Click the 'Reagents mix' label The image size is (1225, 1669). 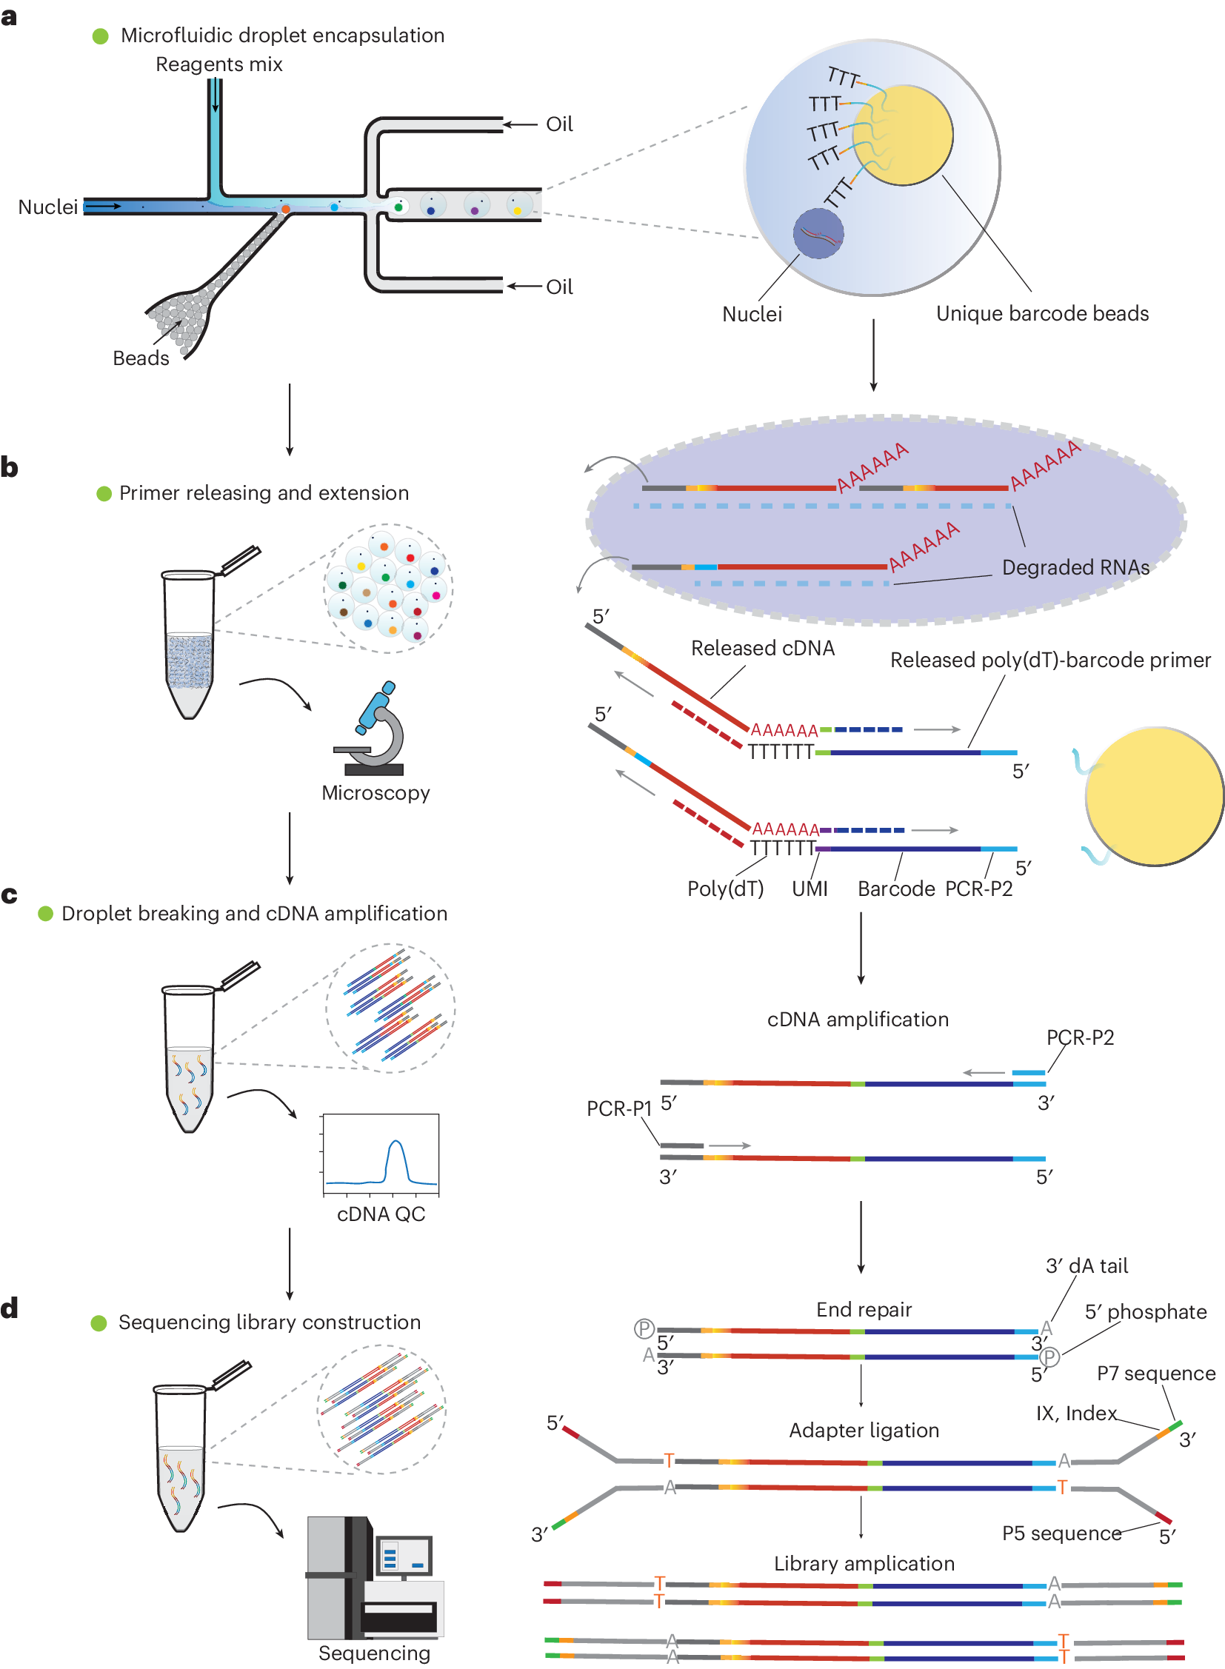tap(218, 64)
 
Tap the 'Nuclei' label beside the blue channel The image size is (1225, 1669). tap(47, 207)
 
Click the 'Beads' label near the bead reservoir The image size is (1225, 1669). tap(141, 358)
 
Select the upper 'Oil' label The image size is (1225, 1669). tap(559, 124)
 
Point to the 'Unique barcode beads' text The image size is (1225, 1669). tap(1042, 314)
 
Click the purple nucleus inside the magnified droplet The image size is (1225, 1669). tap(818, 233)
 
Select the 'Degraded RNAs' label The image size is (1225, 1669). tap(1075, 567)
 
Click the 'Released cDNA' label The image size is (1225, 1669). tap(762, 648)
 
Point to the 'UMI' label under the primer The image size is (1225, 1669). tap(809, 889)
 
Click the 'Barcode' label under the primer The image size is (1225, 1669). tap(895, 889)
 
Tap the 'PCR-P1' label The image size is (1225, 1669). tap(618, 1108)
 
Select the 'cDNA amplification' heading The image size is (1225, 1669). tap(857, 1020)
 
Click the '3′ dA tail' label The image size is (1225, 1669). tap(1087, 1265)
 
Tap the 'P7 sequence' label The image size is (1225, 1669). tap(1155, 1373)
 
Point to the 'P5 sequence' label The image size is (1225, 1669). tap(1061, 1533)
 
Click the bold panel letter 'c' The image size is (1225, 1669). tap(9, 895)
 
